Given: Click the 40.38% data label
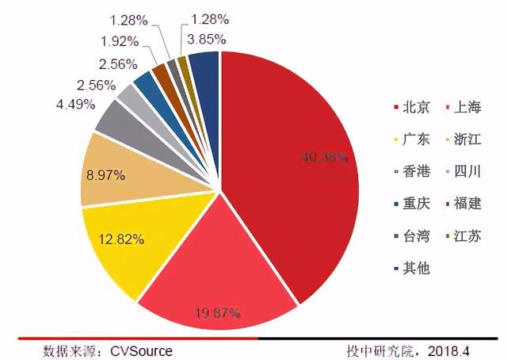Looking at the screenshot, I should [x=324, y=157].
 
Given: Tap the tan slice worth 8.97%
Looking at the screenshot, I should [x=111, y=170].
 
